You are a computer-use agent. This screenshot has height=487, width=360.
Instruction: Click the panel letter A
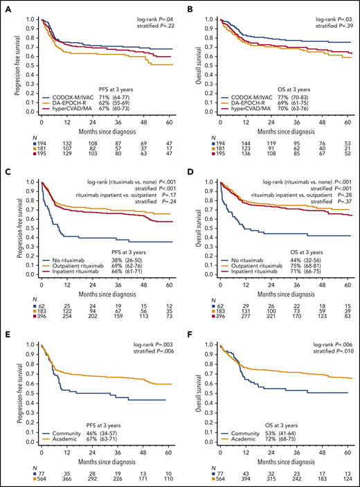[5, 7]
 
